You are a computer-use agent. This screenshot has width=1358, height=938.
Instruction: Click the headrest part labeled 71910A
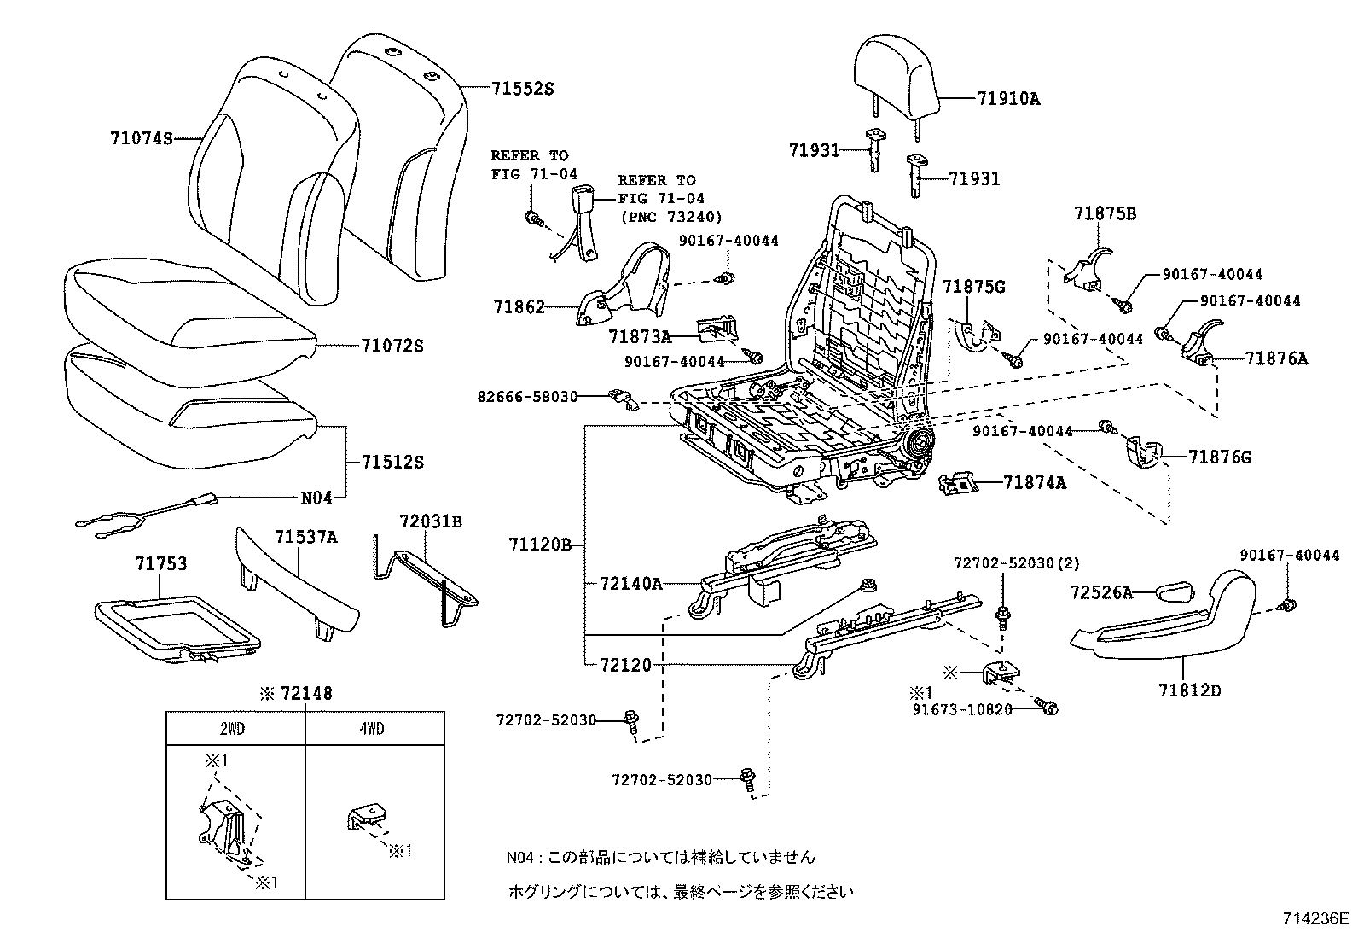click(x=896, y=80)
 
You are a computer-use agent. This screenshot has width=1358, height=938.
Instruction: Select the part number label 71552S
click(x=522, y=89)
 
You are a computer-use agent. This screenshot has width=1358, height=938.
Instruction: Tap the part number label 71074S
click(x=141, y=137)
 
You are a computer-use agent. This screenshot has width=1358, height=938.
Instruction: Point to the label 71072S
click(x=392, y=347)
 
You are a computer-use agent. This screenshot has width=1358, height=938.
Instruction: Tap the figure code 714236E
click(x=1314, y=919)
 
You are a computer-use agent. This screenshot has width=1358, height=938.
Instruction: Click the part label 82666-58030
click(x=527, y=397)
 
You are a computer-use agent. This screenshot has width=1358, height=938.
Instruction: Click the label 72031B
click(x=431, y=521)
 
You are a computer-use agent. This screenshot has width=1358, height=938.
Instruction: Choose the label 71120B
click(x=540, y=544)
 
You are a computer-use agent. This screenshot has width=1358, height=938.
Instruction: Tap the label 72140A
click(x=630, y=584)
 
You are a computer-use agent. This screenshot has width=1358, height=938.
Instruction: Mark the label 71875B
click(x=1105, y=214)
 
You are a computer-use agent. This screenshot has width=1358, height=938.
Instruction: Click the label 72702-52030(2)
click(x=1016, y=563)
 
